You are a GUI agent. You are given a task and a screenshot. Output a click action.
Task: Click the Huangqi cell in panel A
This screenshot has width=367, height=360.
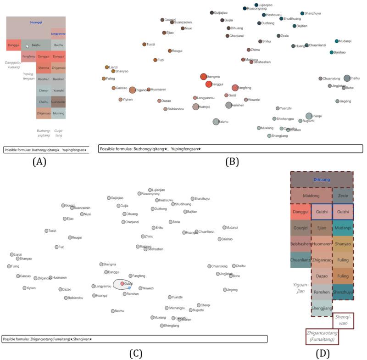[36, 22]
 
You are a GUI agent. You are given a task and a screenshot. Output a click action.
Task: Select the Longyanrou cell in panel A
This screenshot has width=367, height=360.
[58, 34]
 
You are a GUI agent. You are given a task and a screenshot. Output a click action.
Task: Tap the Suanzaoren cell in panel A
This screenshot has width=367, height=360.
[58, 101]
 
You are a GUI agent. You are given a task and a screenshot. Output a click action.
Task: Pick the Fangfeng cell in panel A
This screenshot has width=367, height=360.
[28, 56]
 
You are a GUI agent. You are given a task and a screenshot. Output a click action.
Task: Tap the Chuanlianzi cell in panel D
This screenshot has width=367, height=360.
[300, 260]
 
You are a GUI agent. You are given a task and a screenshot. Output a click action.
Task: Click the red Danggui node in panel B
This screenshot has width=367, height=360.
[209, 84]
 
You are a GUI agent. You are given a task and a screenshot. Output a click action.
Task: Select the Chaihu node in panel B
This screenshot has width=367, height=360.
[347, 78]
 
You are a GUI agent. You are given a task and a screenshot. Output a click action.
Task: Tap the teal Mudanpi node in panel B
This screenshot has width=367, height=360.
[337, 41]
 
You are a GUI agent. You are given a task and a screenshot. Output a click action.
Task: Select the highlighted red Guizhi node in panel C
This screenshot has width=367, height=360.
[122, 284]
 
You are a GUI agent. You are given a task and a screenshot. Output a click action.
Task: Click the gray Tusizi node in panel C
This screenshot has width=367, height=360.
[46, 231]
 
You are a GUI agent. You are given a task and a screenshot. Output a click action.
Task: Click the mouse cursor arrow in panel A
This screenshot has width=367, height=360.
[28, 45]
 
